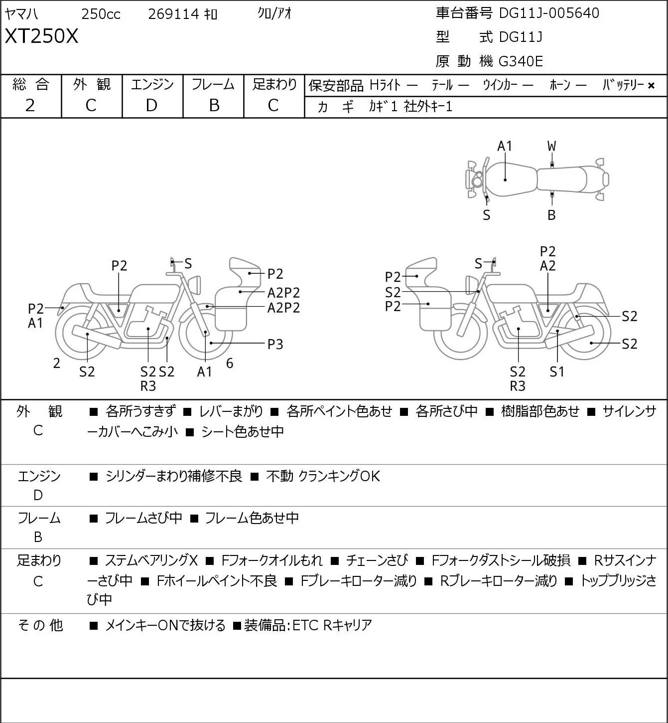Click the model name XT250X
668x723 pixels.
41,36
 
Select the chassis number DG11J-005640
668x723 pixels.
548,13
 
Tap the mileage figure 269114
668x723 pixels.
173,14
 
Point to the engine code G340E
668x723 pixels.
520,61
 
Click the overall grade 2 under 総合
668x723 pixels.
30,106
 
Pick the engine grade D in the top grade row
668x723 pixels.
152,106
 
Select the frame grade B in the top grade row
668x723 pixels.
214,106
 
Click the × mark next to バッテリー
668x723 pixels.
651,86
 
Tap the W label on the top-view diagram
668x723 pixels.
551,147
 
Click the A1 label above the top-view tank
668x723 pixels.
505,147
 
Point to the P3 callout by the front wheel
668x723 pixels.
275,344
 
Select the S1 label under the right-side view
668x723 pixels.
557,371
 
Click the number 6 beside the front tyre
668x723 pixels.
230,363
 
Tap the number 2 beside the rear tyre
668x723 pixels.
56,363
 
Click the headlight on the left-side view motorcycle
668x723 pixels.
195,285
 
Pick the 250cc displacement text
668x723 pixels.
101,14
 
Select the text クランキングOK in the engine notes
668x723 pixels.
339,476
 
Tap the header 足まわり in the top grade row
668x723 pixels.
274,84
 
